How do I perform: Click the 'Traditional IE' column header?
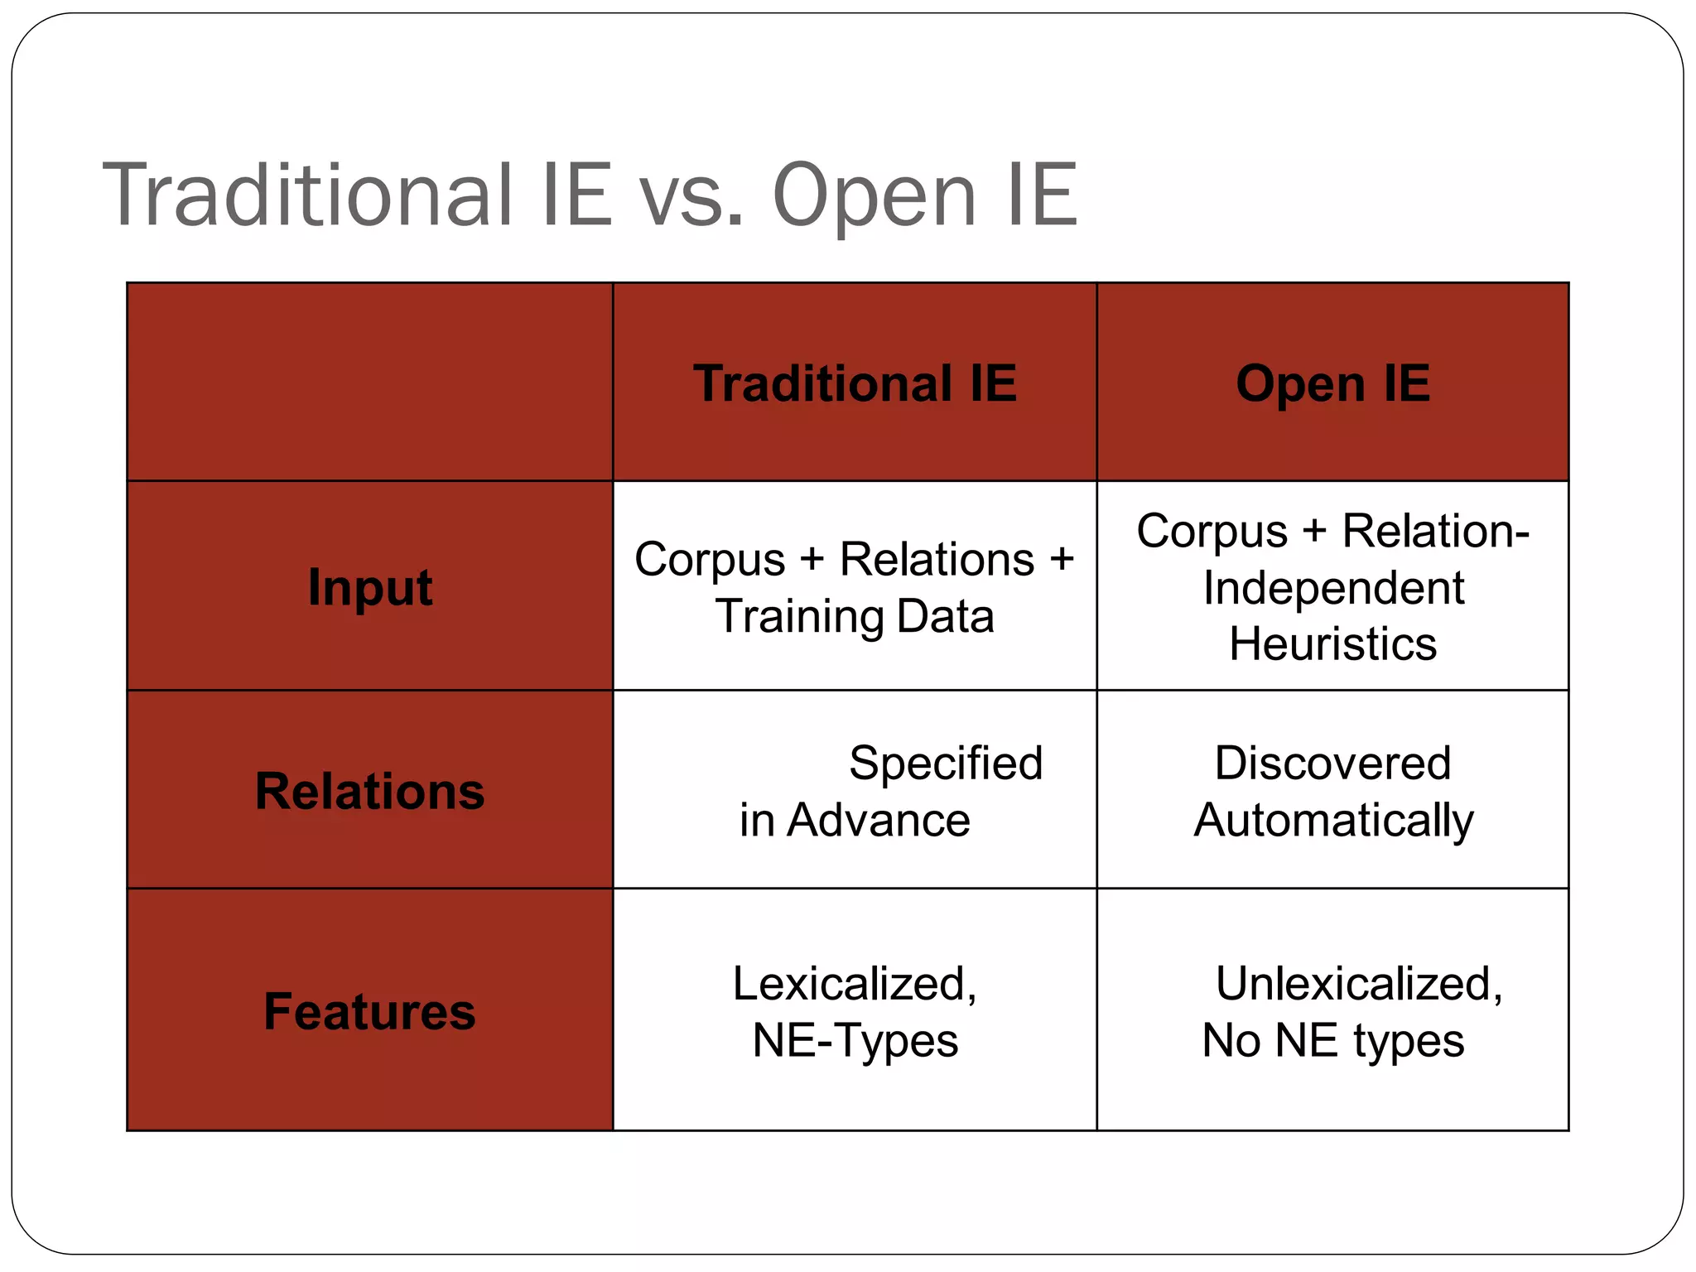(x=855, y=383)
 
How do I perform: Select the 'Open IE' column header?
(x=1332, y=383)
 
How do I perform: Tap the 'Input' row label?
(x=369, y=587)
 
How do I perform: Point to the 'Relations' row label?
(x=369, y=791)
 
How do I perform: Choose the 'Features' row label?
(x=369, y=1011)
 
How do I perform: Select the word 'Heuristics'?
(x=1332, y=643)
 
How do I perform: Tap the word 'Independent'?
(x=1333, y=588)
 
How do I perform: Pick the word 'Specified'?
(x=945, y=763)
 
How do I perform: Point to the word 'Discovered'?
(x=1332, y=763)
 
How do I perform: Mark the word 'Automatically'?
(x=1333, y=821)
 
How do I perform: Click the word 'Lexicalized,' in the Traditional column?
(x=855, y=984)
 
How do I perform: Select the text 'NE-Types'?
(x=855, y=1040)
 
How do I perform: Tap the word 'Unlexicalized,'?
(x=1358, y=984)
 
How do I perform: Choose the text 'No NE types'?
(x=1332, y=1040)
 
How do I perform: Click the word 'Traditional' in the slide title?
(x=307, y=195)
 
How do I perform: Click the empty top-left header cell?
(x=369, y=382)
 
